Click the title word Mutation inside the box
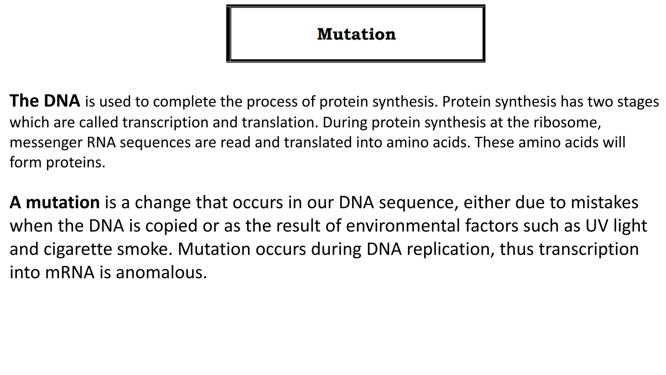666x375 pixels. [356, 34]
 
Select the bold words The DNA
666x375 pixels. [45, 101]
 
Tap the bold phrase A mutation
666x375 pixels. [55, 202]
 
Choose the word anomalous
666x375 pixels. [161, 272]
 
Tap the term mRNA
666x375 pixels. [70, 272]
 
